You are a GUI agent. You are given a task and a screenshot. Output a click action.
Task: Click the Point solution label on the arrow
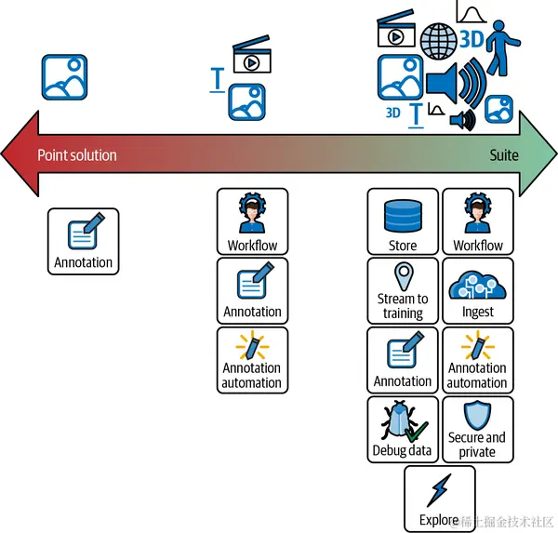pos(77,154)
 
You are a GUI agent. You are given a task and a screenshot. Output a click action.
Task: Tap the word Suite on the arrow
pos(504,154)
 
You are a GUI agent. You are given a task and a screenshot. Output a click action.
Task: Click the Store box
pos(403,221)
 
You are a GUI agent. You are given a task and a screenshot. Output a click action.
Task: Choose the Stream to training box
pos(403,291)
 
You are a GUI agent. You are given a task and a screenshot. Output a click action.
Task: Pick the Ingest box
pos(478,291)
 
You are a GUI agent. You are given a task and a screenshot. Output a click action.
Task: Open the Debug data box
pos(403,429)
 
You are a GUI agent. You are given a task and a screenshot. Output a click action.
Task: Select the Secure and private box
pos(477,429)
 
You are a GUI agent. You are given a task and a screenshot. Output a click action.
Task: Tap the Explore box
pos(439,498)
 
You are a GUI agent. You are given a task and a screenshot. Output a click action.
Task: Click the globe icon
pos(438,40)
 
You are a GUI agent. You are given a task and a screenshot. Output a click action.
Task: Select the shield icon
pos(477,415)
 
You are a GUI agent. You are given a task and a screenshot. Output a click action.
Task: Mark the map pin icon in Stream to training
pos(403,276)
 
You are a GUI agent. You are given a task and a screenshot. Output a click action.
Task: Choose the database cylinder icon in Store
pos(403,214)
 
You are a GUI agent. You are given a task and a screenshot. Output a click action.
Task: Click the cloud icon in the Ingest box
pos(478,281)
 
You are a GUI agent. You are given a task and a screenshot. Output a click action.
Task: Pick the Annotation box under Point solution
pos(84,242)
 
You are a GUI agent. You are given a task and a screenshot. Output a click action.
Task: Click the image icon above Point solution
pos(64,77)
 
